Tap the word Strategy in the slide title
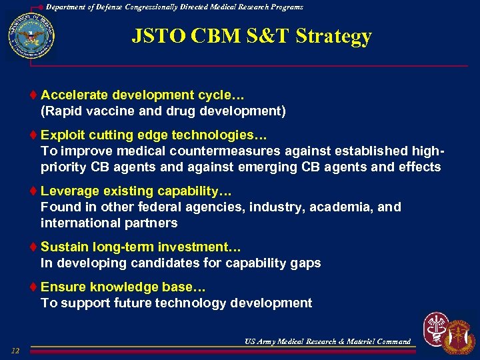(x=334, y=36)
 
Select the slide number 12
(x=15, y=351)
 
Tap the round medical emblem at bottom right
(x=436, y=329)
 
